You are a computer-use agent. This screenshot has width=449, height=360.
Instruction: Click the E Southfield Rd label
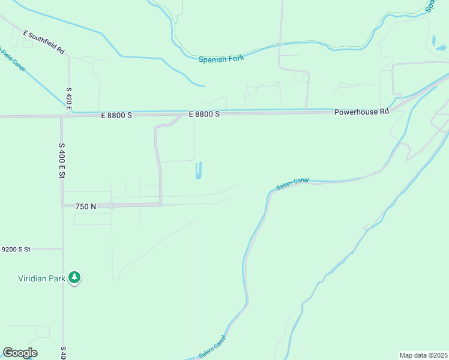pos(43,42)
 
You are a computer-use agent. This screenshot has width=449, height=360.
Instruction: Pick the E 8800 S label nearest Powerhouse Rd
pos(204,114)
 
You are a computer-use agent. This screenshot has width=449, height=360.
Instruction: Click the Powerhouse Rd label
pos(361,112)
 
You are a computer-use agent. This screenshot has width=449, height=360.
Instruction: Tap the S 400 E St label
pos(61,160)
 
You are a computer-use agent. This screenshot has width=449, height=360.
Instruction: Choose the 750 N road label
pos(86,206)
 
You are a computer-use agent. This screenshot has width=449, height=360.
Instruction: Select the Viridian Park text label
pos(40,278)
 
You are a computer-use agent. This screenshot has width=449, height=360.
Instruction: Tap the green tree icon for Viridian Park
pos(74,278)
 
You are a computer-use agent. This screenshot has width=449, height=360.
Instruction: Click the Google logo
pos(20,353)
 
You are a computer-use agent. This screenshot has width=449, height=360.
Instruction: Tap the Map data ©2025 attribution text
pos(423,355)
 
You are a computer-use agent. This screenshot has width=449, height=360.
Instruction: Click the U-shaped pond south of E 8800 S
pos(199,172)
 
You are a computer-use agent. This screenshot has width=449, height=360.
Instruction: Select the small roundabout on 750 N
pos(112,205)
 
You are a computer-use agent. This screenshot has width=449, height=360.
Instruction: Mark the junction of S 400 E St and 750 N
pos(62,205)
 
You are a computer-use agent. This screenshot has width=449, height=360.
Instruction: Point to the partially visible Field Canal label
pos(13,60)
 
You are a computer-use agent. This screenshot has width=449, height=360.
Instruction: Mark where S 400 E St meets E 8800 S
pos(61,116)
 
